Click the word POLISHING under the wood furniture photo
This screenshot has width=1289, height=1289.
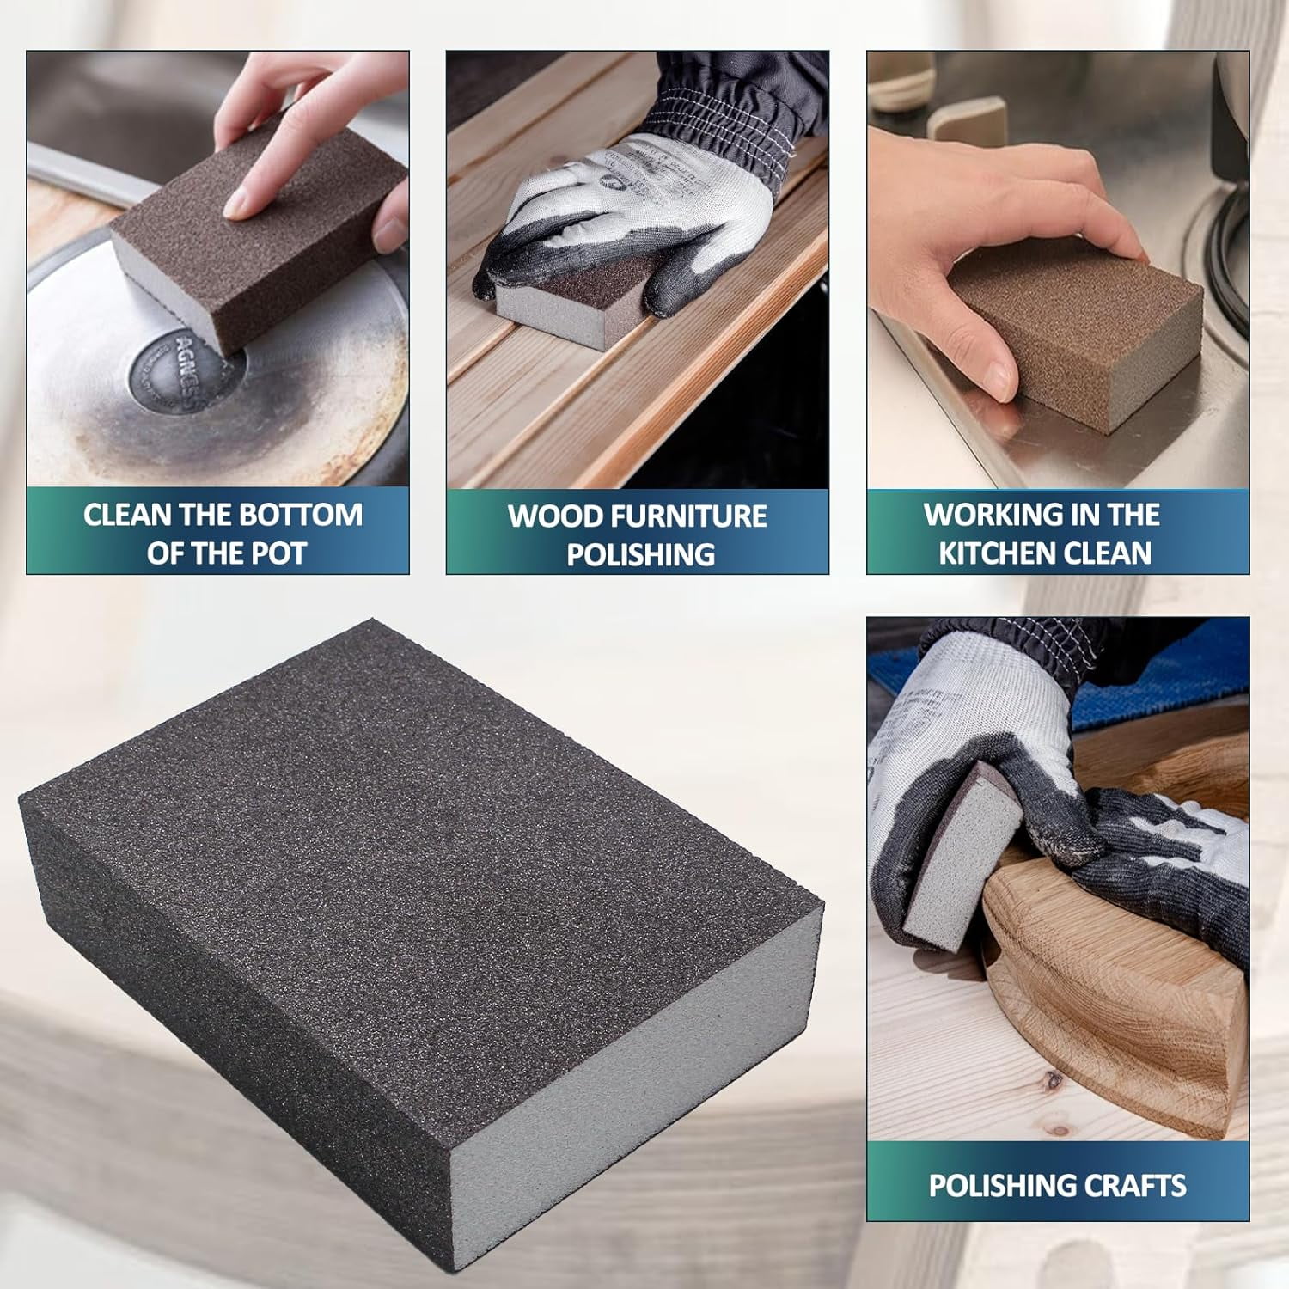tap(641, 554)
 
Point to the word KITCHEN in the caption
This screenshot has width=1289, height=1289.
tap(1002, 553)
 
